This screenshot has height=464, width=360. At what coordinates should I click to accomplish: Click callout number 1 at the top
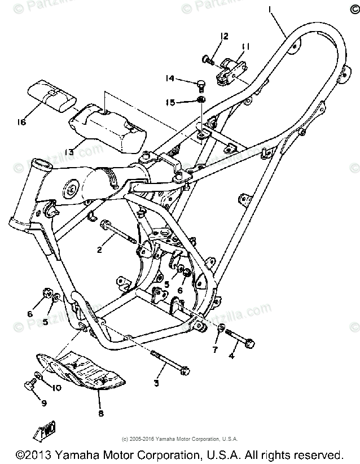point(270,8)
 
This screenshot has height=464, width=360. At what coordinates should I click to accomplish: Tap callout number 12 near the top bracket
point(224,36)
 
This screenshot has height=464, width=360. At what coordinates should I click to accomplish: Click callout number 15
point(169,102)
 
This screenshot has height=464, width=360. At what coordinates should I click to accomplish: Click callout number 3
point(156,383)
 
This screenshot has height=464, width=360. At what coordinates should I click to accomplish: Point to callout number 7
point(215,351)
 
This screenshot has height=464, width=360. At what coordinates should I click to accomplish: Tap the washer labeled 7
point(221,330)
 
